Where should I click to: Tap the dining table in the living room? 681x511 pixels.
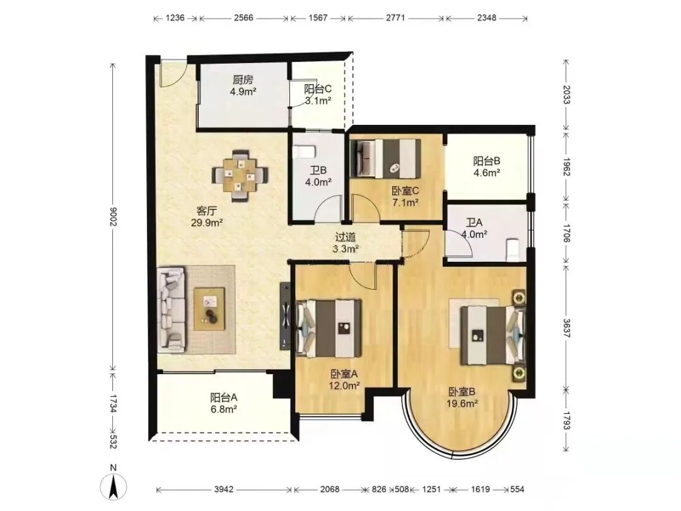[x=240, y=175]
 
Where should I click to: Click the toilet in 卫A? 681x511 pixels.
[x=513, y=250]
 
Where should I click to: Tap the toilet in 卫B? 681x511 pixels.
[x=304, y=151]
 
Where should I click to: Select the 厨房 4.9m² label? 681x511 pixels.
[x=243, y=86]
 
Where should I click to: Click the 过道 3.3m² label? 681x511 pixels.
[x=346, y=243]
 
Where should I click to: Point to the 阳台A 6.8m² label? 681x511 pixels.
[x=224, y=402]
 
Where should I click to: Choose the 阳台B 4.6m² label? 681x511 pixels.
[x=486, y=167]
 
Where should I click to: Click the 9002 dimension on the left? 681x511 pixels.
[x=113, y=216]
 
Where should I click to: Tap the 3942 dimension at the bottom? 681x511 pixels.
[x=224, y=490]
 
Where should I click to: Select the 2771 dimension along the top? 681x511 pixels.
[x=395, y=18]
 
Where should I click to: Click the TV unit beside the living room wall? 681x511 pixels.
[x=285, y=315]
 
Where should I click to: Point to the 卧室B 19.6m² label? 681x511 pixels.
[x=462, y=397]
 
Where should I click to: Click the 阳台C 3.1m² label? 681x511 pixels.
[x=318, y=95]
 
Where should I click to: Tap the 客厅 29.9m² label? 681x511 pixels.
[x=207, y=217]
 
